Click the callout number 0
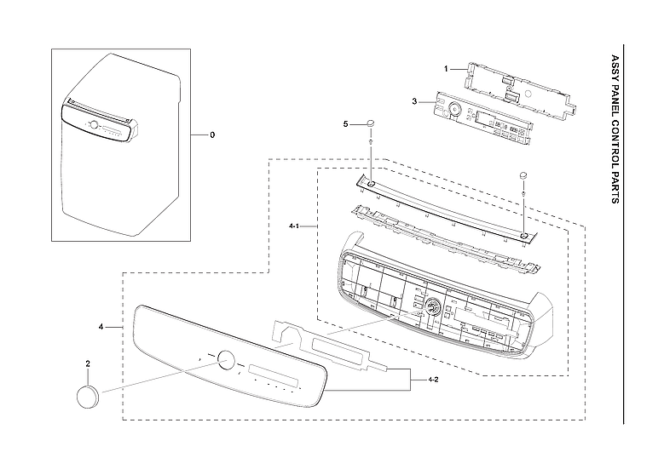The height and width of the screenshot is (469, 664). pyautogui.click(x=212, y=135)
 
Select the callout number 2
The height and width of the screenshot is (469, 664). pyautogui.click(x=88, y=363)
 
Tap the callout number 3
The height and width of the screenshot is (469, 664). pyautogui.click(x=414, y=101)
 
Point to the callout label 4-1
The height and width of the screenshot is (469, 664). pyautogui.click(x=294, y=226)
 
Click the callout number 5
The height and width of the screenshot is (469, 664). pyautogui.click(x=346, y=124)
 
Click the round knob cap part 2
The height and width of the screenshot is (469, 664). pyautogui.click(x=89, y=397)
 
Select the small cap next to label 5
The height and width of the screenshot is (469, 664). pyautogui.click(x=372, y=125)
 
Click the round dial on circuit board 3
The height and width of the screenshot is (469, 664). pyautogui.click(x=454, y=110)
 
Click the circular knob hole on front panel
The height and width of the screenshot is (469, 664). pyautogui.click(x=225, y=359)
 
